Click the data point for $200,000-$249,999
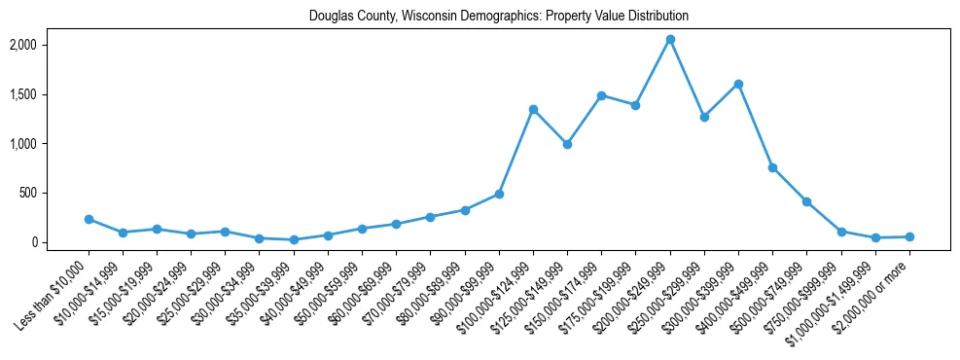coord(670,39)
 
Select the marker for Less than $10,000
coord(89,220)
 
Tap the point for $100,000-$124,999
coord(533,109)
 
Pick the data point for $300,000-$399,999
coord(738,84)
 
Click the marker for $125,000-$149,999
coord(567,144)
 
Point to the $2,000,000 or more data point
coord(909,236)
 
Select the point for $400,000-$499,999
coord(772,167)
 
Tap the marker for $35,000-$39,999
coord(294,239)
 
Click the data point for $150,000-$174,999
coord(601,95)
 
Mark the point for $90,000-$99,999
coord(499,194)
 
